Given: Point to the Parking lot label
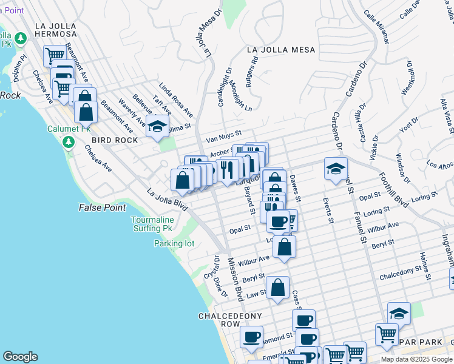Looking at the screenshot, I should (x=174, y=244).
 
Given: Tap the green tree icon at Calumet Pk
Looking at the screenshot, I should (x=69, y=142).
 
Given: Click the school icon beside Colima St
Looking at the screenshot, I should (x=157, y=127).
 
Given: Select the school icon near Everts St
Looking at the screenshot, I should (x=336, y=169).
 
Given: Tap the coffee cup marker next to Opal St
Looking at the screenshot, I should (x=279, y=221).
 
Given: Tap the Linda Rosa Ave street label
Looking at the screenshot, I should (x=176, y=101).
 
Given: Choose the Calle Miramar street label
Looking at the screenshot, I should (x=376, y=27).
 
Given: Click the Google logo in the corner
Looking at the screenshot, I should (x=21, y=357).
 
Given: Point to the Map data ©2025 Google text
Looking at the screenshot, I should (x=416, y=359).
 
